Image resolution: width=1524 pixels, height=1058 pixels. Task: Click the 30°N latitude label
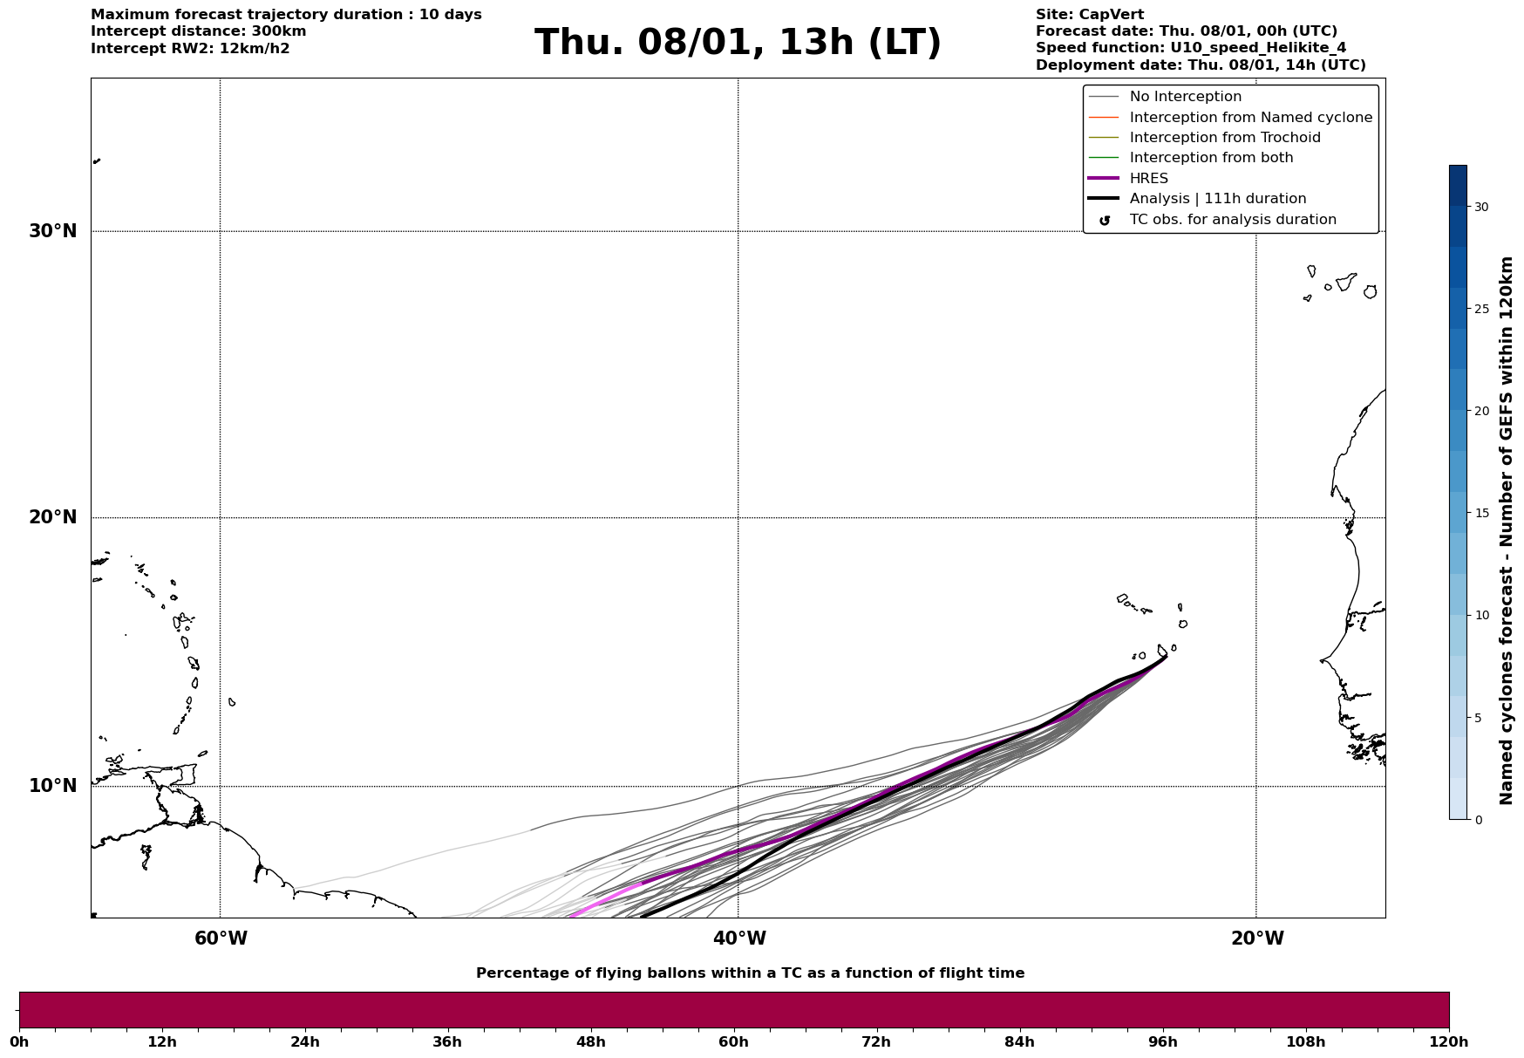pyautogui.click(x=53, y=231)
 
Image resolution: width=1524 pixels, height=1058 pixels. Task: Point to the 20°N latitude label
pyautogui.click(x=53, y=517)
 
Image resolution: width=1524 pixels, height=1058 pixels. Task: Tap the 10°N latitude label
pyautogui.click(x=53, y=786)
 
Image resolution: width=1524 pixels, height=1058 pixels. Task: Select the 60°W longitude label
pyautogui.click(x=221, y=939)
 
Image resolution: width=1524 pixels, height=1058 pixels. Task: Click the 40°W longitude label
pyautogui.click(x=739, y=939)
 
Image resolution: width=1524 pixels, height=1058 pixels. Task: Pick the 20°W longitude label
pyautogui.click(x=1257, y=939)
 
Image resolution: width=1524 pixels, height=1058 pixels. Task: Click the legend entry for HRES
pyautogui.click(x=1148, y=179)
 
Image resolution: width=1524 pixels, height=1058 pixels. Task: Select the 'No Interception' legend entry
pyautogui.click(x=1185, y=97)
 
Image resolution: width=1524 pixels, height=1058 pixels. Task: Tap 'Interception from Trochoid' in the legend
pyautogui.click(x=1224, y=138)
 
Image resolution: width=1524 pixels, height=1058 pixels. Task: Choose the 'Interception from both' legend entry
pyautogui.click(x=1211, y=158)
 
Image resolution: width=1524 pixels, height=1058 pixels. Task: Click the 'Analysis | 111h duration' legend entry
pyautogui.click(x=1217, y=199)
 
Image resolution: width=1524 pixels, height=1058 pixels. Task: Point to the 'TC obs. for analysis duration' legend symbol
pyautogui.click(x=1105, y=221)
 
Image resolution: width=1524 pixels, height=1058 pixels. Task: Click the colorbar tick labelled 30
pyautogui.click(x=1481, y=207)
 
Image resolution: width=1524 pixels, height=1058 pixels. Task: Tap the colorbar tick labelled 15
pyautogui.click(x=1481, y=513)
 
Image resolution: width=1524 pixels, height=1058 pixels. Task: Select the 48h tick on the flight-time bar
pyautogui.click(x=591, y=1041)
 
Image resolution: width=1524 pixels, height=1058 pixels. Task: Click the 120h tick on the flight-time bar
pyautogui.click(x=1449, y=1041)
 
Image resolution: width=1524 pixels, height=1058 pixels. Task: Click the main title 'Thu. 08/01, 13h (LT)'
pyautogui.click(x=738, y=43)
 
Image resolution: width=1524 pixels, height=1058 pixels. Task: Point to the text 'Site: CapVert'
pyautogui.click(x=1089, y=15)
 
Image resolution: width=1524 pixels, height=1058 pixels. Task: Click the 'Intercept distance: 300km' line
pyautogui.click(x=198, y=31)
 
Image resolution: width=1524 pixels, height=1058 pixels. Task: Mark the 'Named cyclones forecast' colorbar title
pyautogui.click(x=1506, y=530)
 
